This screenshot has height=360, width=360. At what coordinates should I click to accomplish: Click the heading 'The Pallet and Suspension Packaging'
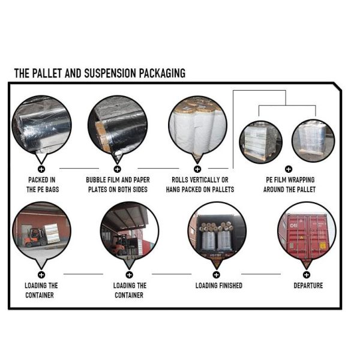point(100,73)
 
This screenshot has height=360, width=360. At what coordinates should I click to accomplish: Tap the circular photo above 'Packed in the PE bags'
point(42,125)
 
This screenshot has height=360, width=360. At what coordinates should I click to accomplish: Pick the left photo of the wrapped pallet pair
point(260,142)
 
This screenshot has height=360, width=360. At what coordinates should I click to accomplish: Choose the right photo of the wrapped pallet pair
point(313,142)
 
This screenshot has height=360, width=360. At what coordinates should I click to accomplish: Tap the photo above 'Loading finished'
point(217,232)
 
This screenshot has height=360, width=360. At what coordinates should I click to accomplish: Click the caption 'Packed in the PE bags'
point(43,184)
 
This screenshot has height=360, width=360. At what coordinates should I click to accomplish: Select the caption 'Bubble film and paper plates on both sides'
point(118,184)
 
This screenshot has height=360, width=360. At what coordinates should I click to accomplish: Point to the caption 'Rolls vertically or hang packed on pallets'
point(200,184)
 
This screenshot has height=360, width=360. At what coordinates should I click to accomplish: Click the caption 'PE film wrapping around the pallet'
point(289,184)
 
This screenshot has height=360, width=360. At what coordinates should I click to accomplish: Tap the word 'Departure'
point(308,286)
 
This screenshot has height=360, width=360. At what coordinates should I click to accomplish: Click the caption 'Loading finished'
point(218,286)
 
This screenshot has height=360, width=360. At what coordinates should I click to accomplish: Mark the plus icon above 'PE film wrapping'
point(288,169)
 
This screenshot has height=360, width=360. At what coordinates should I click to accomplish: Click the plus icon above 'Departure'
point(307,274)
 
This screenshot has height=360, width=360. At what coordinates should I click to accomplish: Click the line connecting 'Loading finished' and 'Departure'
point(261,274)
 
